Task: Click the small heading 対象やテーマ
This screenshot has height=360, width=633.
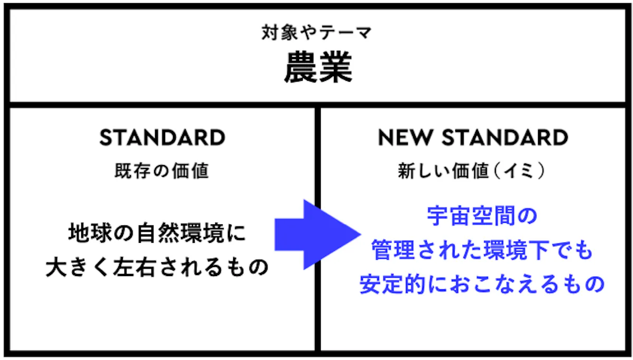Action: [316, 33]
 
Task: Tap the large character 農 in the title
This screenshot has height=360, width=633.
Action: [301, 68]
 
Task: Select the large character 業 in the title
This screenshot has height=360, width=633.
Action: [335, 68]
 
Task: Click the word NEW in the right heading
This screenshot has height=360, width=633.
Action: [406, 138]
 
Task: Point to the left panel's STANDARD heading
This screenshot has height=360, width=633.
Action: [162, 138]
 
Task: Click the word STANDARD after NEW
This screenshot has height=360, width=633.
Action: [505, 138]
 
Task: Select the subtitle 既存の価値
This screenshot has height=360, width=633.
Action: [161, 171]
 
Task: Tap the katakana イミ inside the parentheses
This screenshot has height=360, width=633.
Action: [519, 171]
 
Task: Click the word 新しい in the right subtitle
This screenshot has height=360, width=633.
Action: [424, 171]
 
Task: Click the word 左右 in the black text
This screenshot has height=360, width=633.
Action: [135, 267]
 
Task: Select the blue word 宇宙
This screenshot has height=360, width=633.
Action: [449, 216]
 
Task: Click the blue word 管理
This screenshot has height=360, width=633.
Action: [393, 250]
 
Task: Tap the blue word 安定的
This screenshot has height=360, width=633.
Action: [392, 284]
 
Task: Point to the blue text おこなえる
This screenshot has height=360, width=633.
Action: [504, 284]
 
